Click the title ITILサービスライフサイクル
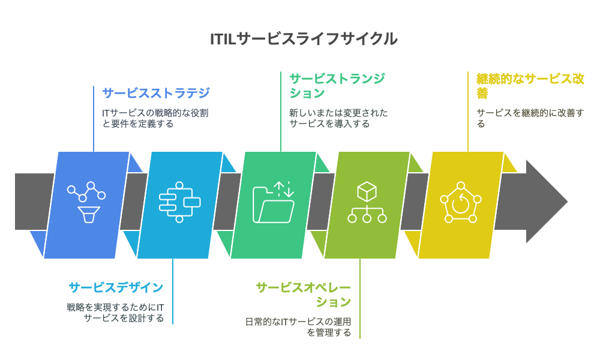304,38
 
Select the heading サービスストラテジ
156,93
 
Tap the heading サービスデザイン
116,287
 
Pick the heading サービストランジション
337,86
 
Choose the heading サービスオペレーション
303,294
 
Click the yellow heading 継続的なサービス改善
530,86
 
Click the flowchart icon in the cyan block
179,202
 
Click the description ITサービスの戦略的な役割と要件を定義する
155,118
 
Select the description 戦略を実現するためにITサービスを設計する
116,313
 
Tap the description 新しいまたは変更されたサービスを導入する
338,118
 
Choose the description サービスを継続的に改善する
530,118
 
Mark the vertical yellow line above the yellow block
468,111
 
